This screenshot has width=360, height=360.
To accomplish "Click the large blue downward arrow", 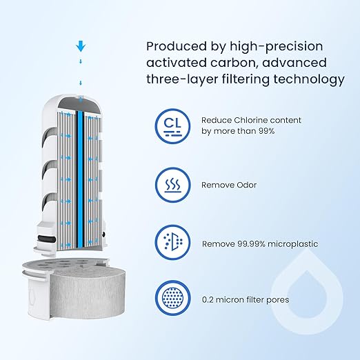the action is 81,46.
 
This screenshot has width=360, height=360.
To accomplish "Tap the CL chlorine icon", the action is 172,126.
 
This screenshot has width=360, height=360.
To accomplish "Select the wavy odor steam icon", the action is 172,185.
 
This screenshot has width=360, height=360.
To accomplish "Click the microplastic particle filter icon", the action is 172,242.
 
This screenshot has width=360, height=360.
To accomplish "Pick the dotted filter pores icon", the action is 172,298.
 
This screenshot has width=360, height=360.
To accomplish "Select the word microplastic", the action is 293,244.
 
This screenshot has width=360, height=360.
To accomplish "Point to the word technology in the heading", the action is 309,79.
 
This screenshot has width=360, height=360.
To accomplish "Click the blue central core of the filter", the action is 80,179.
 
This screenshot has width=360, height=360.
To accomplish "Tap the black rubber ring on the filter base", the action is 47,239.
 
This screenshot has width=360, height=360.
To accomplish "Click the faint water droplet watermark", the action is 307,292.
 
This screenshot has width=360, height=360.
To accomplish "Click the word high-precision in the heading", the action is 277,47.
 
